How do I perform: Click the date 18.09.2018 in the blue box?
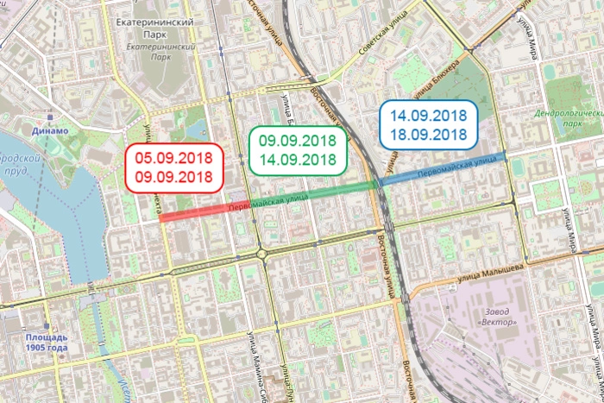427,135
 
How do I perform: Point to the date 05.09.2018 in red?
173,158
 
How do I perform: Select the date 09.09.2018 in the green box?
297,140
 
